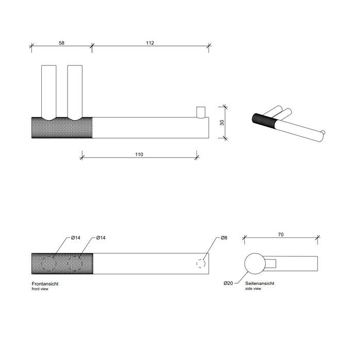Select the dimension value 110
click(x=139, y=154)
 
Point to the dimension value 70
click(x=280, y=234)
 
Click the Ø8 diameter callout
click(x=224, y=238)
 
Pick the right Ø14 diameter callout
click(x=101, y=237)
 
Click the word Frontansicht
click(x=48, y=284)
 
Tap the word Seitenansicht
click(x=260, y=283)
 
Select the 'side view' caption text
click(x=253, y=289)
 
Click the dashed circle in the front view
click(x=201, y=263)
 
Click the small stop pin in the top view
click(x=200, y=112)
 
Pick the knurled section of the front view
click(x=62, y=263)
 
